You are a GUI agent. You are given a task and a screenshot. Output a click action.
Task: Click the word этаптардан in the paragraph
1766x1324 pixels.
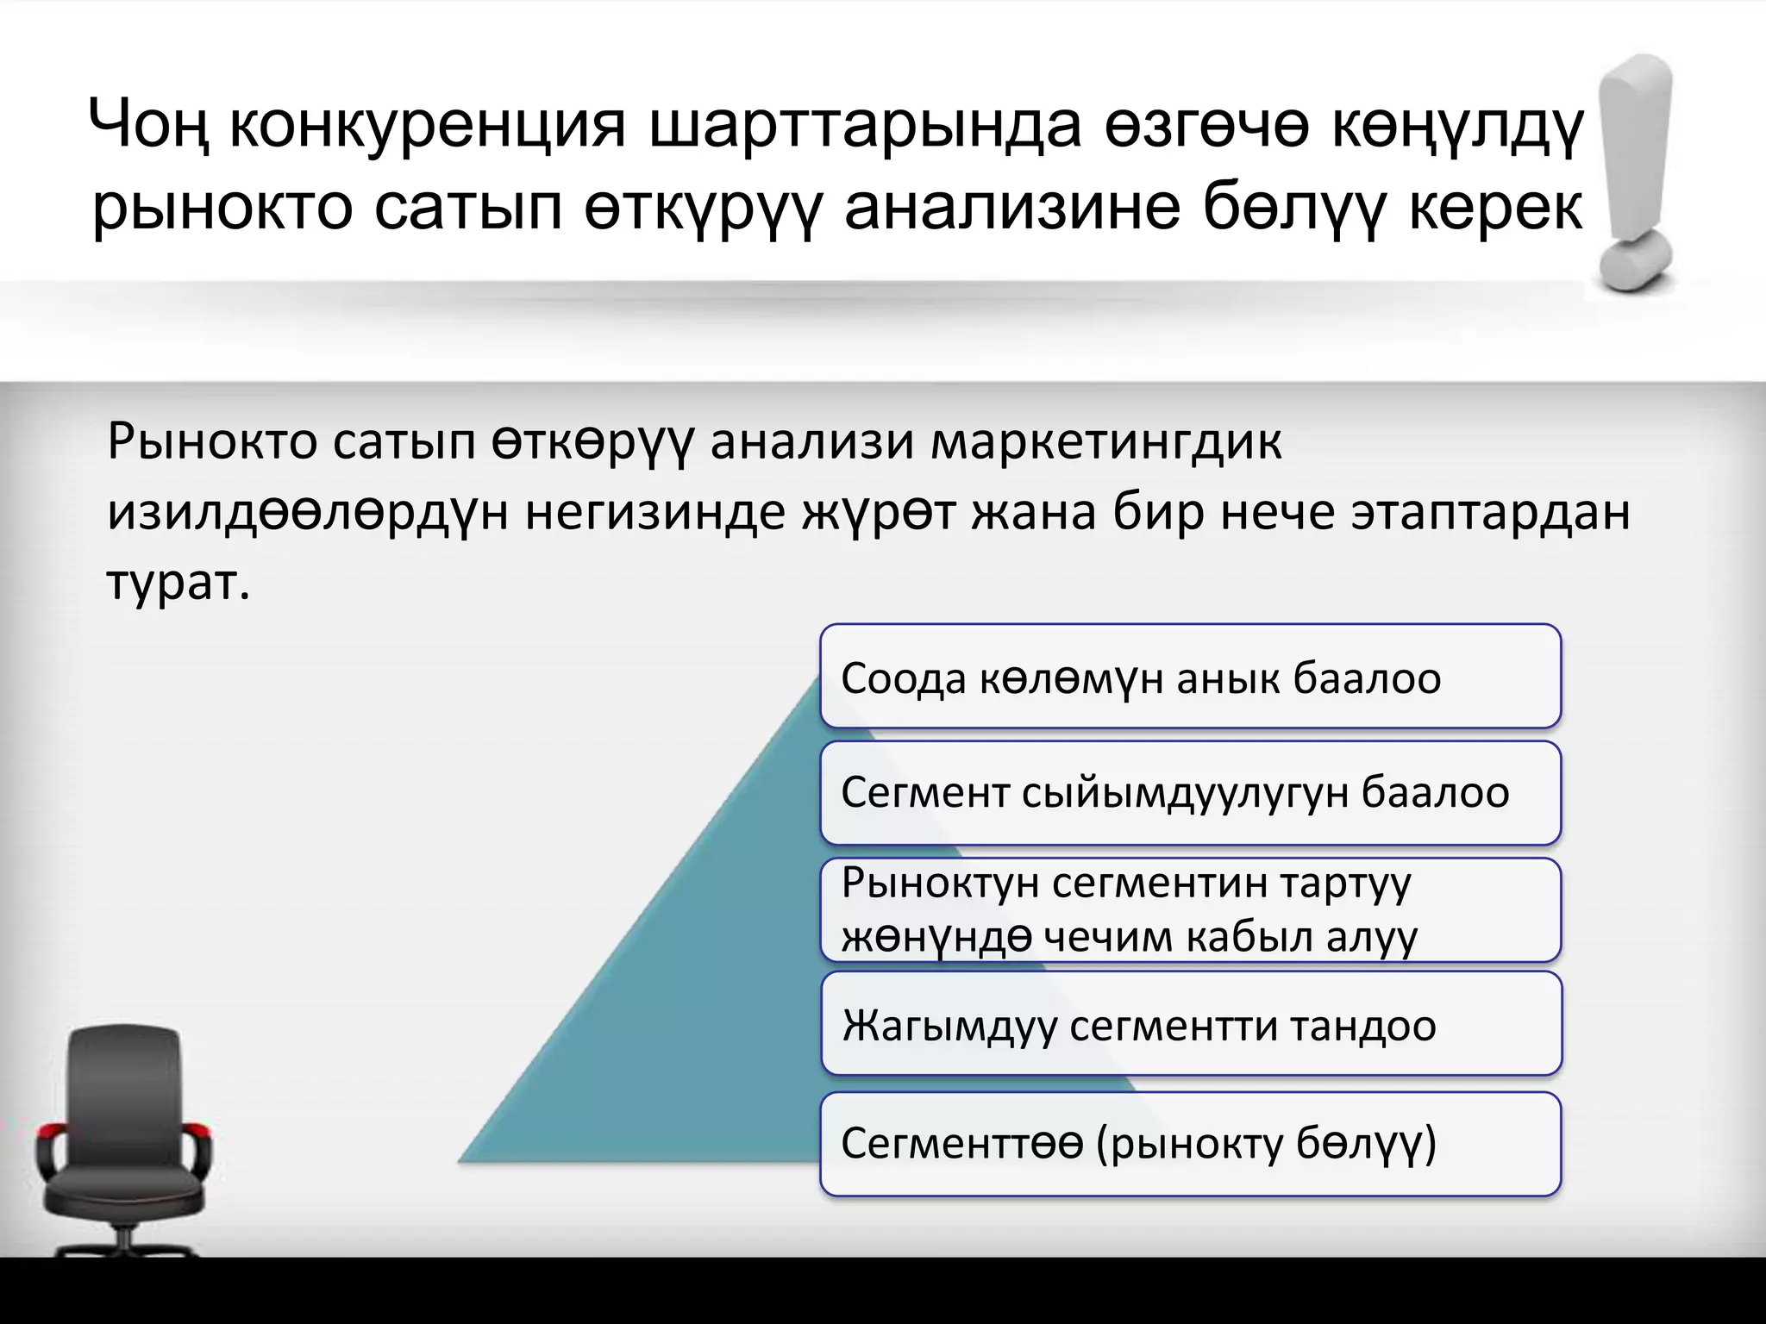point(1490,512)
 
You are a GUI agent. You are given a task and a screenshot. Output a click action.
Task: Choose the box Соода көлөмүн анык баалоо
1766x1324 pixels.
point(1190,677)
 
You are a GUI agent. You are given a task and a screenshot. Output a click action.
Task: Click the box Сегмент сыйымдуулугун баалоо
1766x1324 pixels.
point(1190,792)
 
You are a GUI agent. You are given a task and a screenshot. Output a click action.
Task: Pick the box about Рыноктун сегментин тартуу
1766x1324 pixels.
point(1190,909)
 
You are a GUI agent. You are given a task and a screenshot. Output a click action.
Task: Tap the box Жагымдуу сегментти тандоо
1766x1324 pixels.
point(1190,1024)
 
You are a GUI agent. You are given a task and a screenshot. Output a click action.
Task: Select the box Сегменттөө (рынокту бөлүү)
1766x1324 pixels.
point(1190,1144)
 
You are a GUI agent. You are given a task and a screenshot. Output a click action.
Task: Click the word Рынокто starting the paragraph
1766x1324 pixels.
point(212,442)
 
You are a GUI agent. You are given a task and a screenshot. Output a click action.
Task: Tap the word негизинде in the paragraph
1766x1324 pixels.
point(654,512)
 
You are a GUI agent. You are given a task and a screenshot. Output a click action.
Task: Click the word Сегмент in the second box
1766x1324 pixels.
point(925,792)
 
